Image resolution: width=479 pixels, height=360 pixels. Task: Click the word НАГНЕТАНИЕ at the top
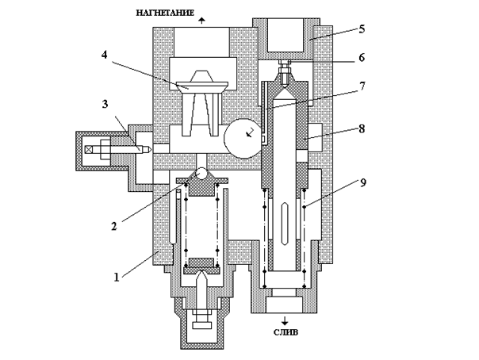tap(165, 13)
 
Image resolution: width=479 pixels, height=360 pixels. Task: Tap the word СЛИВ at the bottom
tap(285, 332)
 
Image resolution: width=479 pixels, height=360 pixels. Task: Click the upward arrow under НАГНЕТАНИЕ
tap(201, 21)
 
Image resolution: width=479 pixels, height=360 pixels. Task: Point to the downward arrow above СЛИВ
tap(285, 321)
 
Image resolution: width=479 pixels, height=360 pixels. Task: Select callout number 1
tap(117, 278)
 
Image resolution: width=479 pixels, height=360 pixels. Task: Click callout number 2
tap(113, 226)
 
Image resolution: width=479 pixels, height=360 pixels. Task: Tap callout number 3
tap(105, 104)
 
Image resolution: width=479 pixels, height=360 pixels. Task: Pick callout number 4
tap(105, 55)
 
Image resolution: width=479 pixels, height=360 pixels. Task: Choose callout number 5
tap(362, 29)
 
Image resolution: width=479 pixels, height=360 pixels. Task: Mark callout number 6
tap(362, 57)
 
